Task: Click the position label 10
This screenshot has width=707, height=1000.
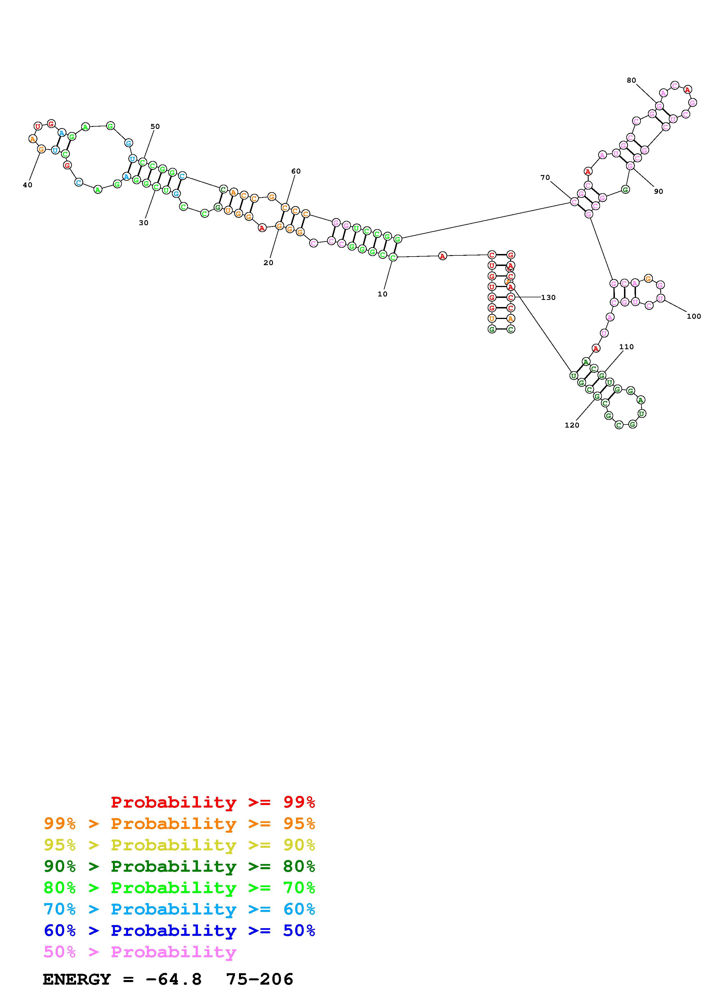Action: click(x=382, y=294)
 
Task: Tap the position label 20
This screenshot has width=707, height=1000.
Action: click(x=268, y=263)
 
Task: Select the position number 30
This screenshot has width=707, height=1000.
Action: click(x=143, y=223)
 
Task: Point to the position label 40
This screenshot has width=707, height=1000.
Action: click(x=27, y=185)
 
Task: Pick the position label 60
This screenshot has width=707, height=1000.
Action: click(x=296, y=171)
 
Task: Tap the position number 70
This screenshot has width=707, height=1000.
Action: click(x=545, y=177)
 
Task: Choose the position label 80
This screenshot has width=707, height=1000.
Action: click(x=631, y=80)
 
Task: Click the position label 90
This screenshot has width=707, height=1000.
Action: click(x=658, y=191)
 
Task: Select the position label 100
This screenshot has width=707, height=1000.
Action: click(x=694, y=316)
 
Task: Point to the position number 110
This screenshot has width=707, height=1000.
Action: click(x=626, y=347)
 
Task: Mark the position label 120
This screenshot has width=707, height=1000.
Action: click(x=572, y=425)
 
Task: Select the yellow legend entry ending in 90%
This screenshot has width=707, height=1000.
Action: click(x=179, y=845)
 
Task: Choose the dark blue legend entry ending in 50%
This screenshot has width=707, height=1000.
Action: click(x=179, y=930)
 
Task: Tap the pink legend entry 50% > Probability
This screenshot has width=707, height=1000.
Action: click(x=140, y=952)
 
